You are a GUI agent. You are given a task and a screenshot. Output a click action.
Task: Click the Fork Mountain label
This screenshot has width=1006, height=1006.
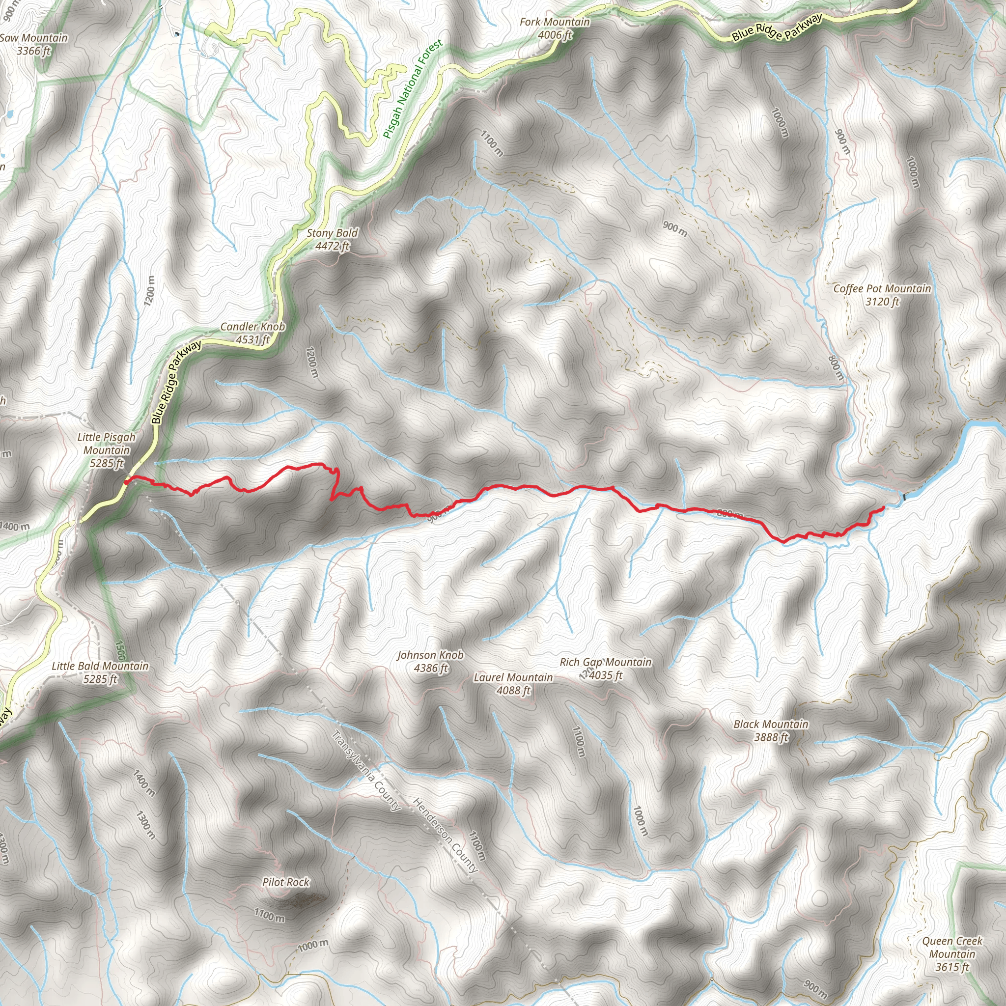(555, 22)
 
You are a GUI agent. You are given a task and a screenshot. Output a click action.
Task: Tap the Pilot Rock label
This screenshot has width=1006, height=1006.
(286, 882)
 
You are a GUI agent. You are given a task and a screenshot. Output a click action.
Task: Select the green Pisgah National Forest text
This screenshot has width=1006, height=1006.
(413, 89)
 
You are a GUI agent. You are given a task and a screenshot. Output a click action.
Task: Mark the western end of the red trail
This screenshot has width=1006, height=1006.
(127, 482)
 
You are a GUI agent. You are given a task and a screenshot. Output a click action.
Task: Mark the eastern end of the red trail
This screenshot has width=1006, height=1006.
(883, 507)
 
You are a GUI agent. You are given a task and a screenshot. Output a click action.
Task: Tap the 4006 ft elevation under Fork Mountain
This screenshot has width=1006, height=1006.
(555, 35)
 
